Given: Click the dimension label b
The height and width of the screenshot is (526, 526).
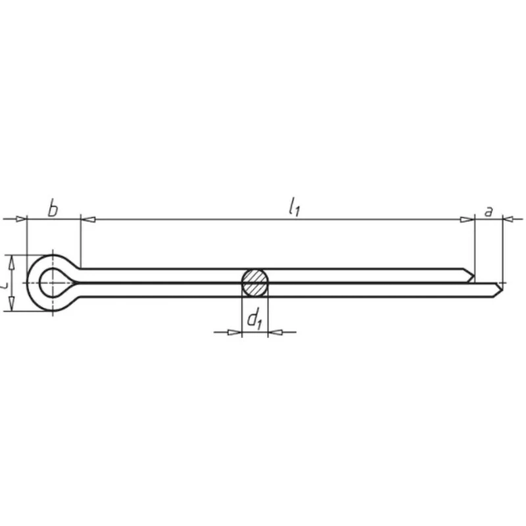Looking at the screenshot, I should tap(53, 210).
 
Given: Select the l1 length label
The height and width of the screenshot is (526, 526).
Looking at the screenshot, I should tap(293, 208).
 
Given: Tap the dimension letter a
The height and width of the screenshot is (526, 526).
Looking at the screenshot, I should tap(488, 211).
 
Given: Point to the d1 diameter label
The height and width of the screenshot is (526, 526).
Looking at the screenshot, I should tap(254, 320).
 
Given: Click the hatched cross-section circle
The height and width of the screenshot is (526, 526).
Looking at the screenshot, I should tap(254, 283).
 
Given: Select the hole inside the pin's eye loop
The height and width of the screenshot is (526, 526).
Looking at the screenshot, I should tap(50, 283).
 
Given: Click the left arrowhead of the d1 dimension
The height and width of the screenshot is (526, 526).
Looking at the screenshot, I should tap(235, 332).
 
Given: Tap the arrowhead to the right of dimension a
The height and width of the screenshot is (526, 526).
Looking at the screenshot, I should tap(509, 218).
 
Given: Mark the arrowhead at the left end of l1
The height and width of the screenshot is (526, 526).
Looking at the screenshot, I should tap(87, 218).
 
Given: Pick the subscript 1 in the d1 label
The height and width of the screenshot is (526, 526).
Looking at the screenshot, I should tap(260, 324).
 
